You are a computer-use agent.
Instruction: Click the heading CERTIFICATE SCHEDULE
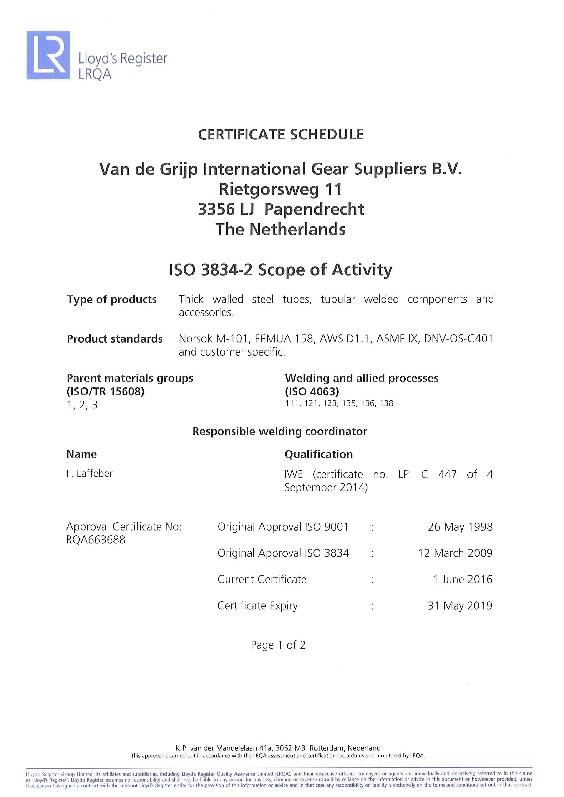[x=281, y=135]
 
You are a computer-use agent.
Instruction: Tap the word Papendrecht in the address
[x=314, y=209]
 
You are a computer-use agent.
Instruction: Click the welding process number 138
[x=386, y=403]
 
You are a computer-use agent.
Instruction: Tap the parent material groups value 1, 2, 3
[x=82, y=405]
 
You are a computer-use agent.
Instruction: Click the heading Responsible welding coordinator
[x=280, y=431]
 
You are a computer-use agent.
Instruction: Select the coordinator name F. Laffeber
[x=89, y=474]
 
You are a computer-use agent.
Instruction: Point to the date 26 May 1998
[x=460, y=527]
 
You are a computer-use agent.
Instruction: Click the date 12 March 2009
[x=455, y=553]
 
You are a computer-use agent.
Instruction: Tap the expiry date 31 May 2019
[x=460, y=606]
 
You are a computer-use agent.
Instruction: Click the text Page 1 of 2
[x=278, y=645]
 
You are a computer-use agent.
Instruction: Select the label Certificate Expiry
[x=257, y=606]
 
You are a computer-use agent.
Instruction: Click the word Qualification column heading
[x=318, y=454]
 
